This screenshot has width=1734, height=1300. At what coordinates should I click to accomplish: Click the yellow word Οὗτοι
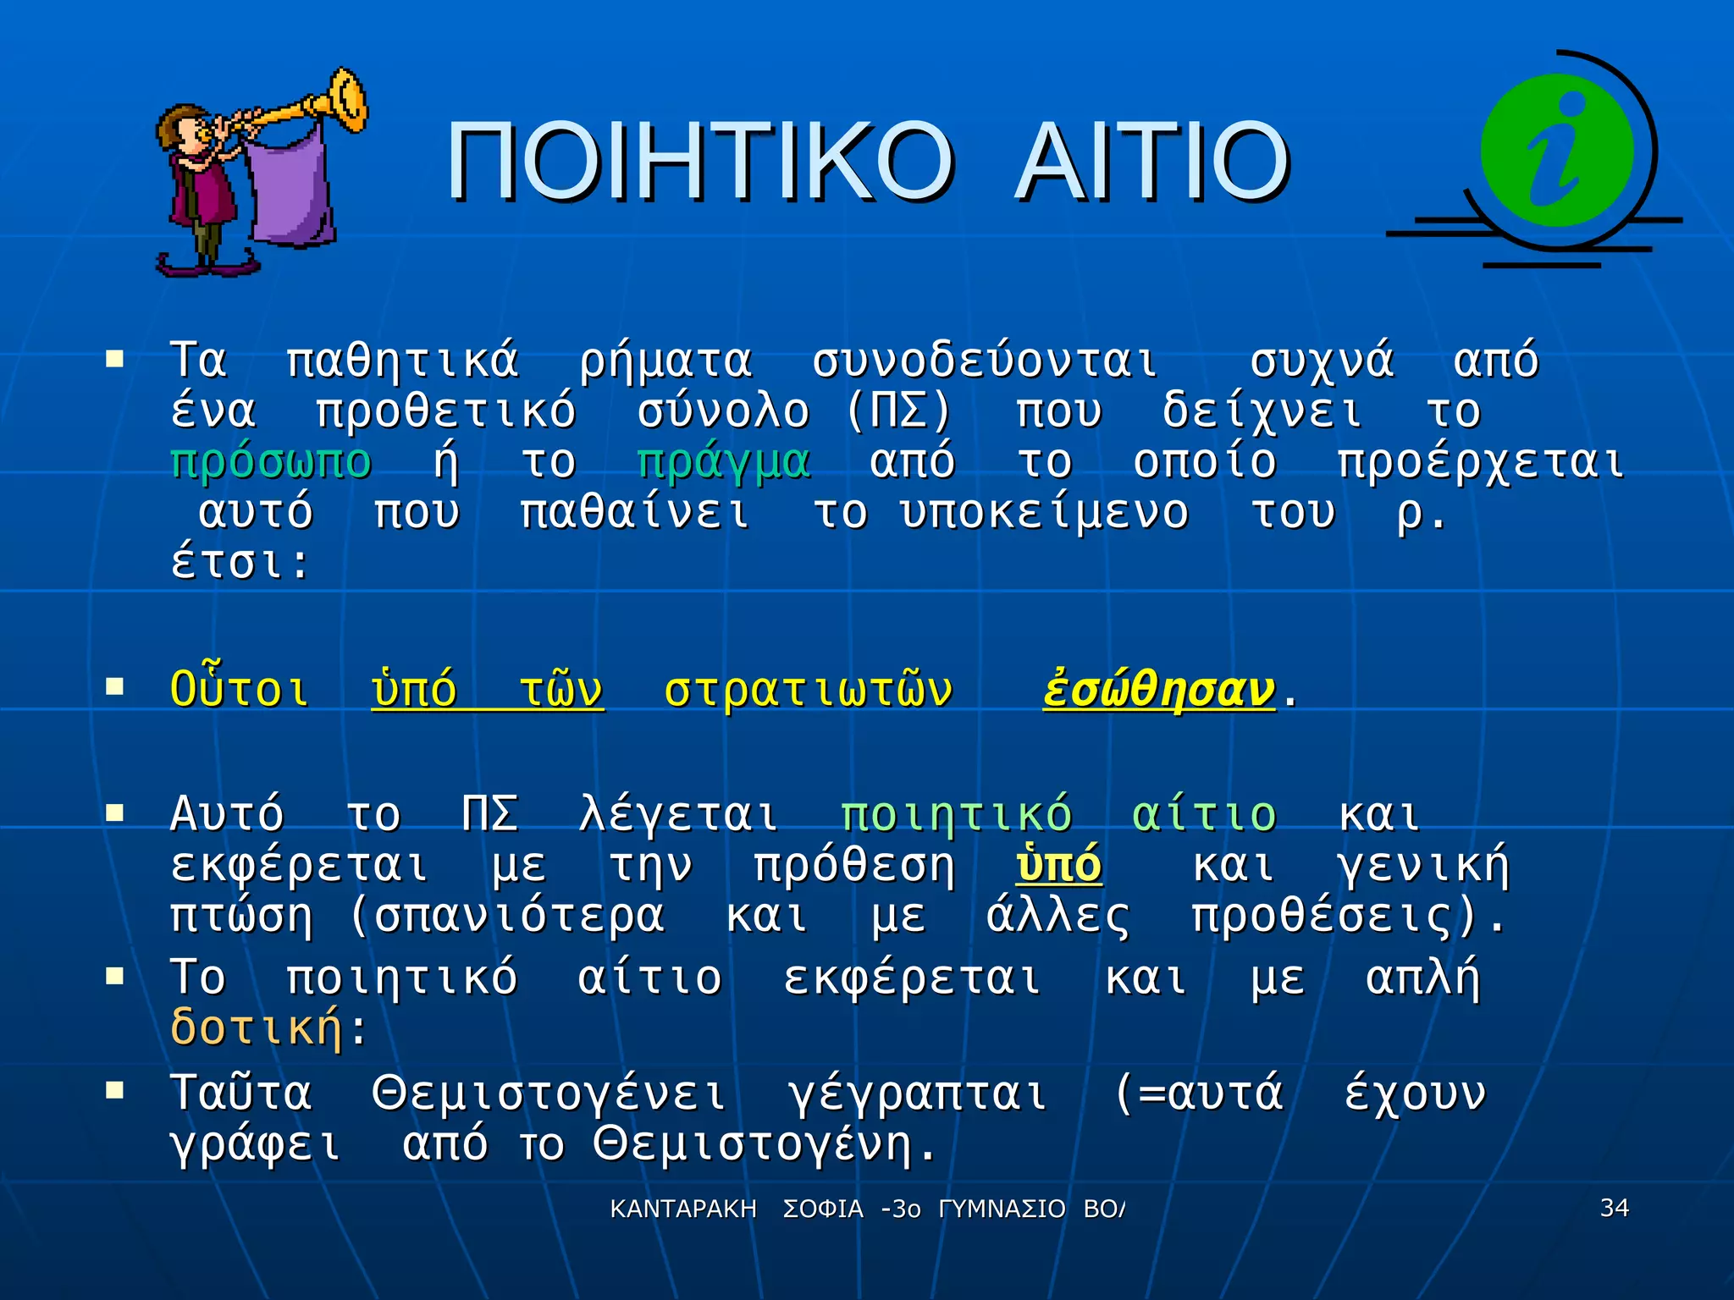tap(240, 689)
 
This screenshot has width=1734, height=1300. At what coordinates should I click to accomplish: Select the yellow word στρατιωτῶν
tap(809, 691)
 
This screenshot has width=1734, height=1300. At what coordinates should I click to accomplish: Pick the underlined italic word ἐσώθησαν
tap(1158, 691)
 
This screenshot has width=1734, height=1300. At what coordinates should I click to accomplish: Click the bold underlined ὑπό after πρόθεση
tap(1058, 866)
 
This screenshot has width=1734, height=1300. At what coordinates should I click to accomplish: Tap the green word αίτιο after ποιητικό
tap(1204, 815)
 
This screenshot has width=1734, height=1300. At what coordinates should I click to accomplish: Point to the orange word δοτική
tap(257, 1027)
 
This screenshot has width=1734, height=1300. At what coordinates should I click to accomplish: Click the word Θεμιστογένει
tap(549, 1093)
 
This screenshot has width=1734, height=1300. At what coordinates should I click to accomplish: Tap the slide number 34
tap(1614, 1208)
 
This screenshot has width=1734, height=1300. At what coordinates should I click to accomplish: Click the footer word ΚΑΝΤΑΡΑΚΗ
tap(683, 1209)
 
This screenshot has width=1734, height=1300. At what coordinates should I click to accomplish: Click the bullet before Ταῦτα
tap(114, 1090)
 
